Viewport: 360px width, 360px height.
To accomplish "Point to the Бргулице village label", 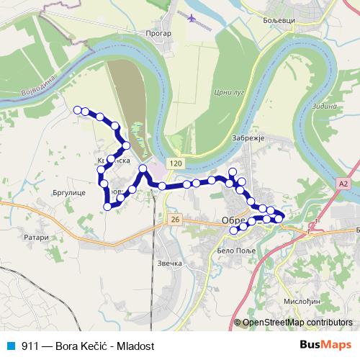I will (x=68, y=194).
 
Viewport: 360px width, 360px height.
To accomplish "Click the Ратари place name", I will (x=35, y=237).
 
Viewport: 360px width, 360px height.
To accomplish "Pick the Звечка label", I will (x=169, y=264).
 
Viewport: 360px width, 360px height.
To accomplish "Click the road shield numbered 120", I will (x=176, y=164).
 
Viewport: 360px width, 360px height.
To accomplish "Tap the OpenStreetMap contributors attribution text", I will (x=297, y=323).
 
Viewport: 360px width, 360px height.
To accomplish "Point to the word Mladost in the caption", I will (x=138, y=346).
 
